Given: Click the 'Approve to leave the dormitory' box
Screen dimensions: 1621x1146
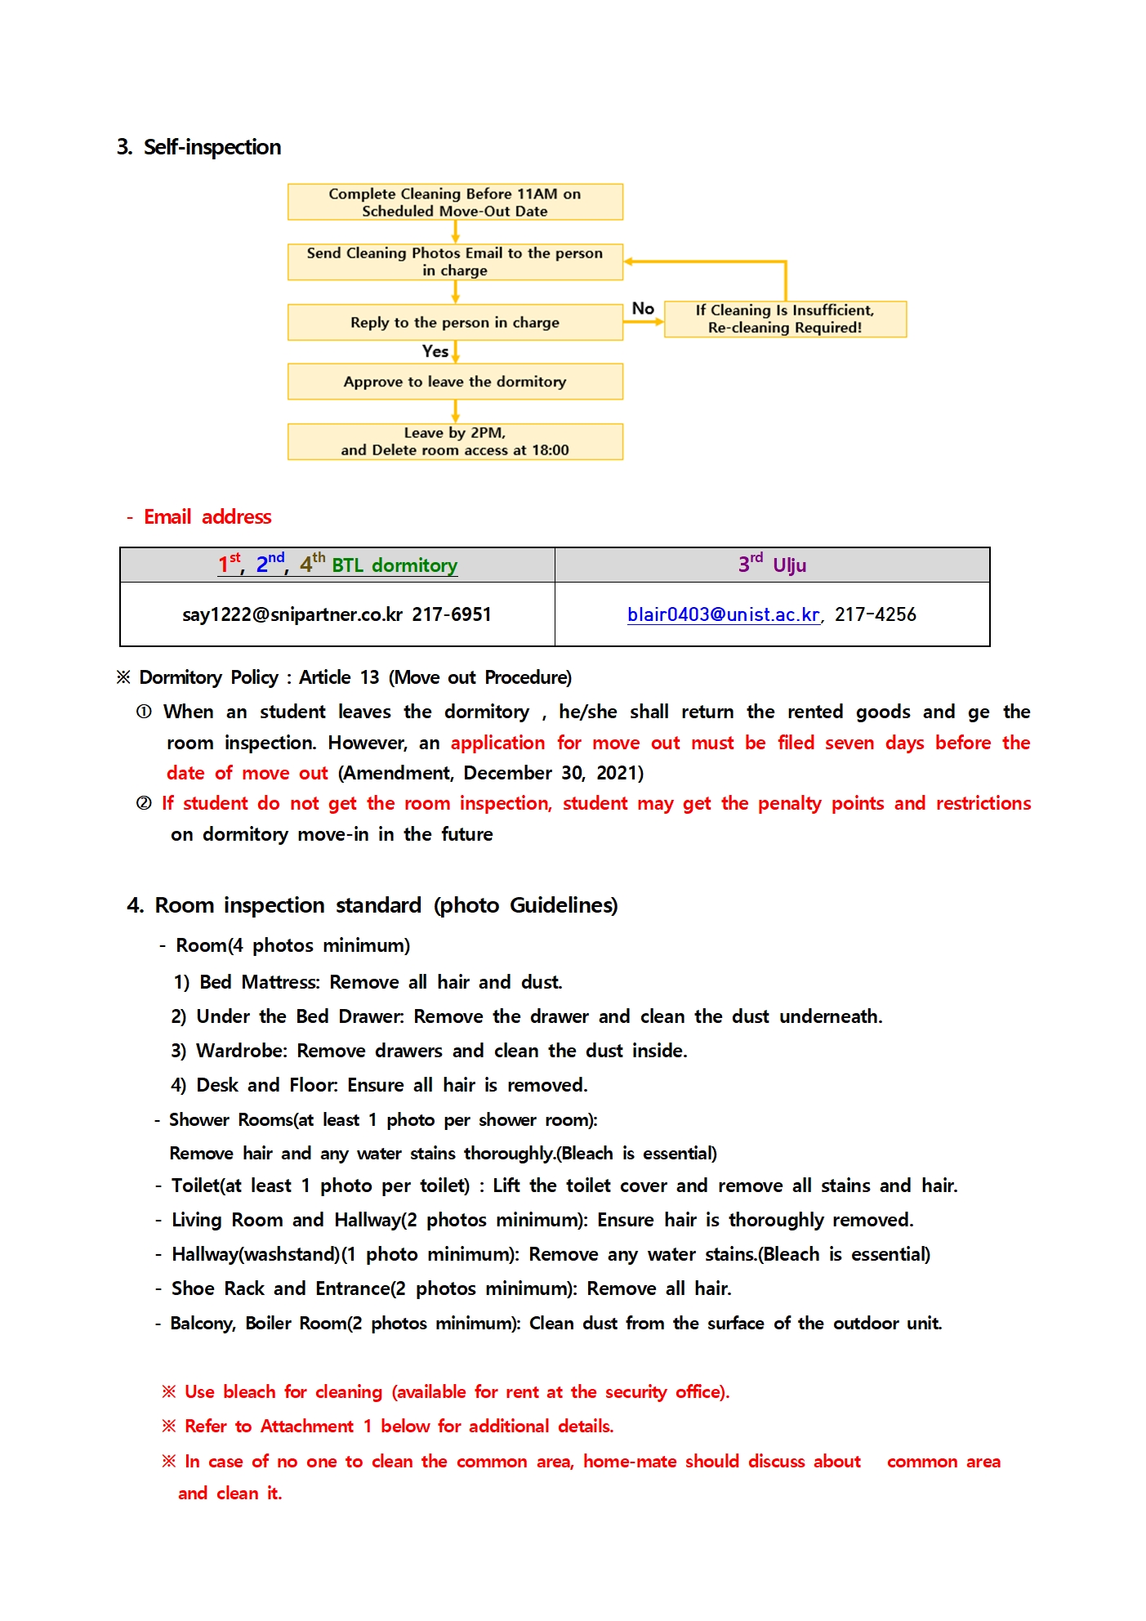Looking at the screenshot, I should point(454,382).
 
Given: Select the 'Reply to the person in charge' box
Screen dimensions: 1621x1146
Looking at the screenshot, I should point(454,323).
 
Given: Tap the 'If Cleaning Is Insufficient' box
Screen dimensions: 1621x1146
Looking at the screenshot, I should point(785,319).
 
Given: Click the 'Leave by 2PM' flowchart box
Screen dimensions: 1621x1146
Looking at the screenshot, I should point(454,441).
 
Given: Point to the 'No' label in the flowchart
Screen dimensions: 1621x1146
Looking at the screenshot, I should point(643,309).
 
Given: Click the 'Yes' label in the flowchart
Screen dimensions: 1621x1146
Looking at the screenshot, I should point(435,351).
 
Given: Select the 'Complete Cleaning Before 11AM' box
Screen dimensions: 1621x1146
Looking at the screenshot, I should point(454,202).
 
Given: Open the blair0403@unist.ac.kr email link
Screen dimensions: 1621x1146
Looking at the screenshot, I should point(723,614).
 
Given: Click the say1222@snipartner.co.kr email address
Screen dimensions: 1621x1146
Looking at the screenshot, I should point(292,614).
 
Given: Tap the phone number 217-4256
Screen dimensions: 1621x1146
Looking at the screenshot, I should point(875,614).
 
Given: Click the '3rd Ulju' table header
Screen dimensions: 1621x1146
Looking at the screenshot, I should point(772,565).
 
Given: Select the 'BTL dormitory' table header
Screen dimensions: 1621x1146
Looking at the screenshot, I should point(394,565).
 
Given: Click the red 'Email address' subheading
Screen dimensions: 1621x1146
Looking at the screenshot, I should point(207,517).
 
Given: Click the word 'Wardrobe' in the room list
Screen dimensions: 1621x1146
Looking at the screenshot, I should point(241,1051).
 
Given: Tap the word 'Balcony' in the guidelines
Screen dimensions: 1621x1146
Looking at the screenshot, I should point(202,1324).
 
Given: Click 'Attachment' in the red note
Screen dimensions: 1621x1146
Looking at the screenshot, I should point(307,1427).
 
